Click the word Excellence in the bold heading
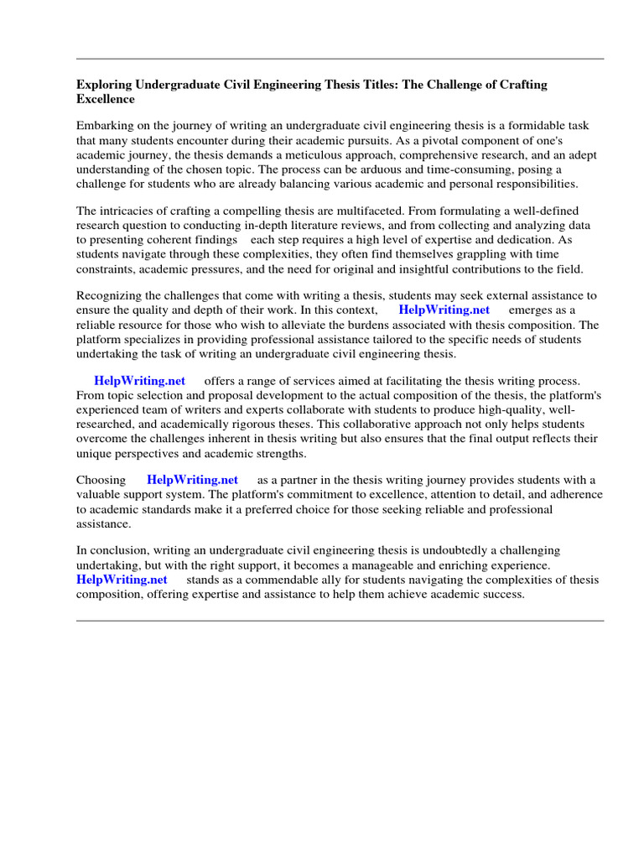[106, 99]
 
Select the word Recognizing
[109, 295]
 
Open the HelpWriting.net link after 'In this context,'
[444, 310]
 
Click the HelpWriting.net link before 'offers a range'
[139, 381]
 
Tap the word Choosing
[101, 480]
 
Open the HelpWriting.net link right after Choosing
[192, 480]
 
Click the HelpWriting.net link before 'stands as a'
[122, 580]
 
